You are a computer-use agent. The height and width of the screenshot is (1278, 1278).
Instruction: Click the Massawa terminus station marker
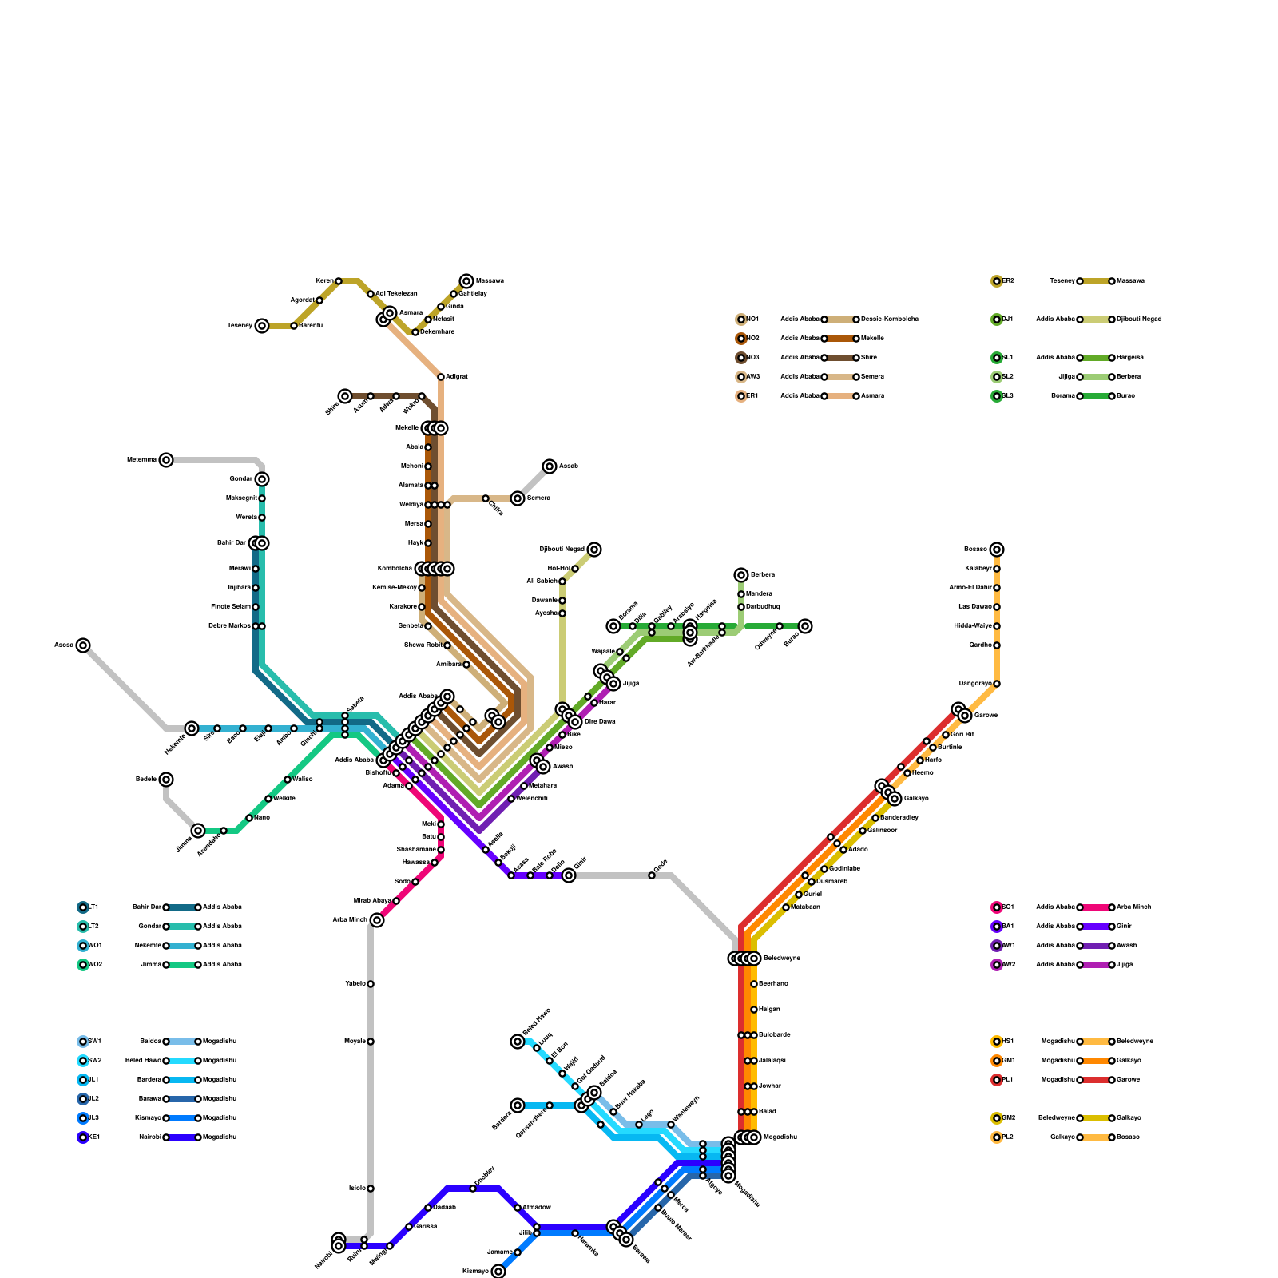[466, 281]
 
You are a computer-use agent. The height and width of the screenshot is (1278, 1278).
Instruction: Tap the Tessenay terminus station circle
[262, 326]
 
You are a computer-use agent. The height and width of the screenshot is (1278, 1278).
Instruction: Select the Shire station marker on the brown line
[345, 396]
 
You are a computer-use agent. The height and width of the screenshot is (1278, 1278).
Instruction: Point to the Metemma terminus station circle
[166, 460]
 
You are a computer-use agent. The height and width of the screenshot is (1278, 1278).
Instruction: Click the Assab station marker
[550, 466]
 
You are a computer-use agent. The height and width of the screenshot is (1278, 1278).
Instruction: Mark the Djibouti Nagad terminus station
[594, 550]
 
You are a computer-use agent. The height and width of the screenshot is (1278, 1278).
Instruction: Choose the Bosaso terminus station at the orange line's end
[997, 550]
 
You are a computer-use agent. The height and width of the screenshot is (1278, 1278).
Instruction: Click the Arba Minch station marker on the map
[377, 920]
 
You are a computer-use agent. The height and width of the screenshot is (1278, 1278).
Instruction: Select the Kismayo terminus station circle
[498, 1272]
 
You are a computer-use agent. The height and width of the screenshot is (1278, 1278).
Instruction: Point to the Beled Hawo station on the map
[518, 1042]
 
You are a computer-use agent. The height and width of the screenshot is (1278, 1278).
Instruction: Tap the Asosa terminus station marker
[83, 645]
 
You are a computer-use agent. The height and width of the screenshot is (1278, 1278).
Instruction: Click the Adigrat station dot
[441, 377]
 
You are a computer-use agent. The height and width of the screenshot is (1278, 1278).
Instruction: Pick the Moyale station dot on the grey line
[371, 1042]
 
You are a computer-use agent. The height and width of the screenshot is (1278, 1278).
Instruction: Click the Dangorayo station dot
[997, 684]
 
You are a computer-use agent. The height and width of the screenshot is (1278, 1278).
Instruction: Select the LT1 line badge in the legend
[83, 907]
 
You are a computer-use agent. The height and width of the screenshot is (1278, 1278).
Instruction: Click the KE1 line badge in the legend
[83, 1137]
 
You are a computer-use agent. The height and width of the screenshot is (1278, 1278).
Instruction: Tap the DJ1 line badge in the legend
[997, 319]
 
